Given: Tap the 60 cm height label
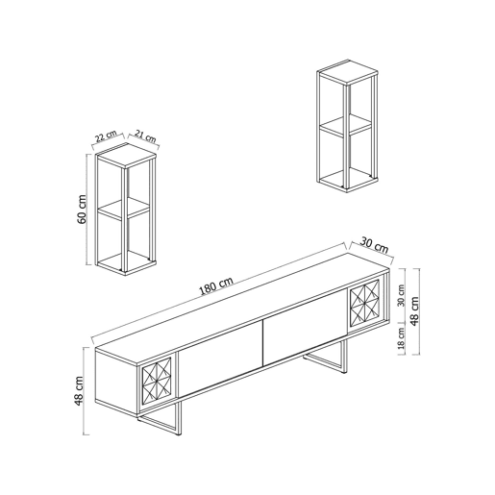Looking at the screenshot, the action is click(82, 210).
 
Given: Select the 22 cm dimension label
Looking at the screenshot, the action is click(106, 136).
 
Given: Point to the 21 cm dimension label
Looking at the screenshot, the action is click(145, 136).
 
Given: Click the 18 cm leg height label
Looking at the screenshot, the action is click(401, 338).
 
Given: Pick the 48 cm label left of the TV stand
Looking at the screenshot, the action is click(79, 391).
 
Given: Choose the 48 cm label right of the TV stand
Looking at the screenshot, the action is click(414, 311).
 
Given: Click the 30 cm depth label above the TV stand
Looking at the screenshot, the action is click(374, 244).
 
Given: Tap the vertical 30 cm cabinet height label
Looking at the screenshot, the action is click(401, 295).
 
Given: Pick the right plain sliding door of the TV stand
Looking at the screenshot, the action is click(305, 327).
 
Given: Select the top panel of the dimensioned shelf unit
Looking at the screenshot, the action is click(126, 155).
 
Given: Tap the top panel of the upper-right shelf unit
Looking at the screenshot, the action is click(348, 72).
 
